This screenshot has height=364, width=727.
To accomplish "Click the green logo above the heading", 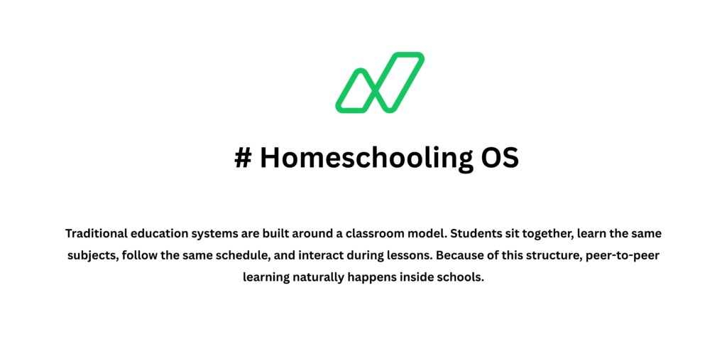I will tap(380, 82).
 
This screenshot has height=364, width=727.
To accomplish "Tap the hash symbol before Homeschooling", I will tap(243, 157).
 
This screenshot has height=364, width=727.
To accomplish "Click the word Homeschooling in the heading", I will tap(359, 157).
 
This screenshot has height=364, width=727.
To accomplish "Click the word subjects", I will tap(93, 256).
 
